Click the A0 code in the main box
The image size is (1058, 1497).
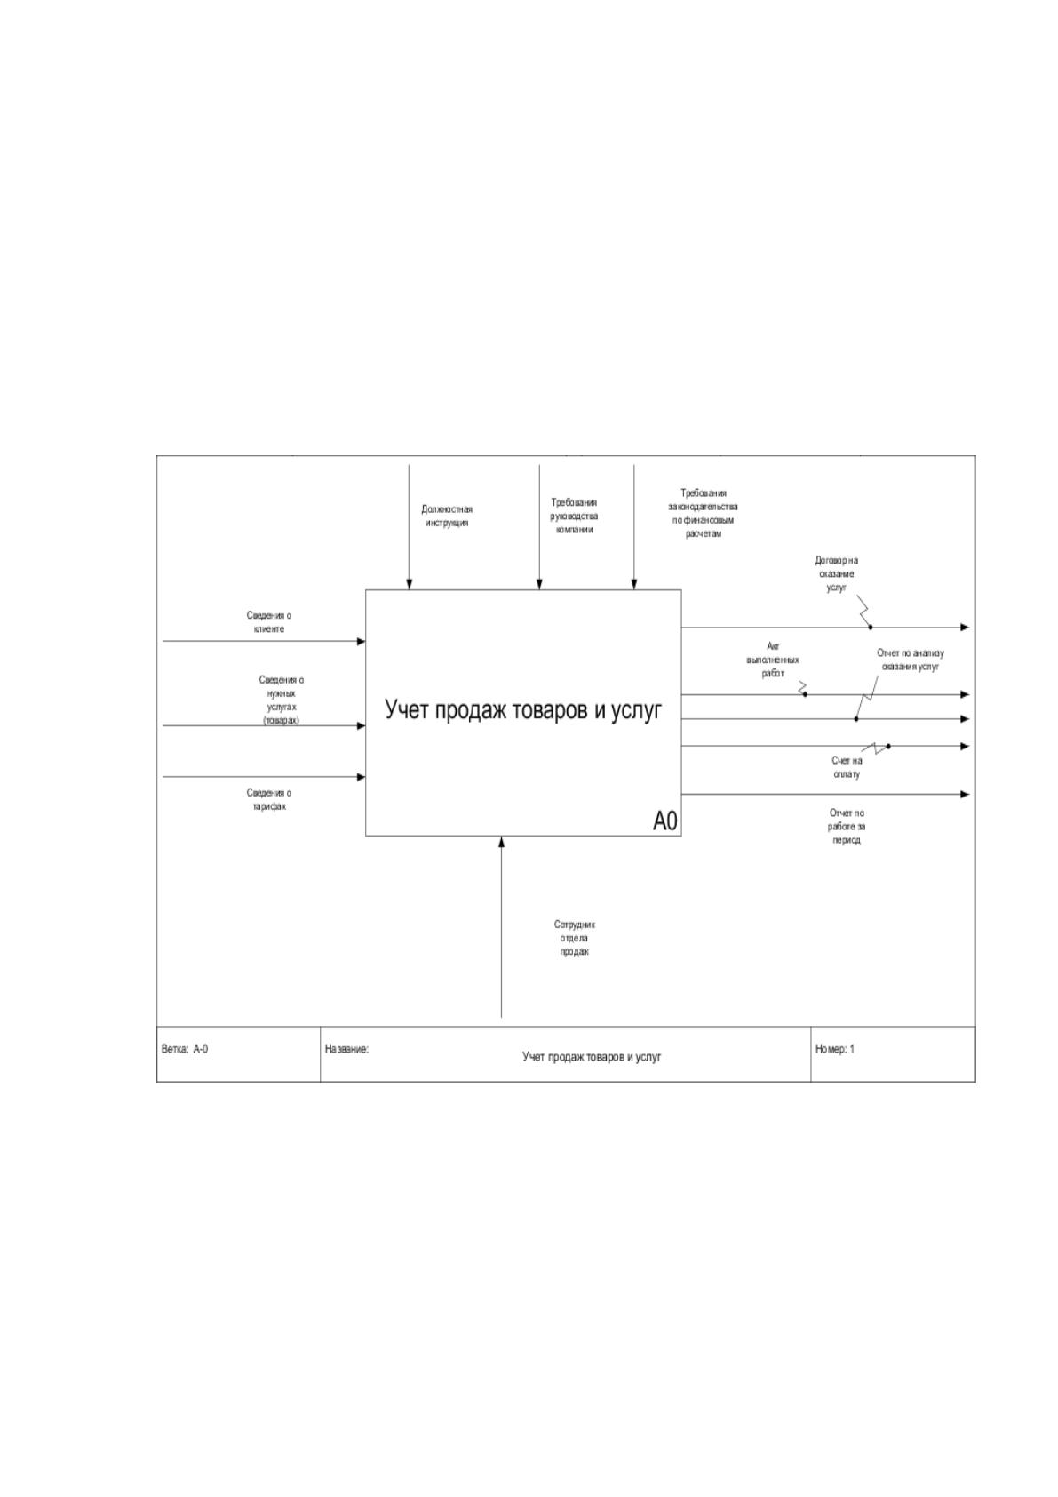click(x=664, y=821)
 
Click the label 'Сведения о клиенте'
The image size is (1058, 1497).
click(x=268, y=622)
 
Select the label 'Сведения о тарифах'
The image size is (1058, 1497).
click(x=268, y=799)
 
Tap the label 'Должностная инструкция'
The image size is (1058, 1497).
click(x=447, y=516)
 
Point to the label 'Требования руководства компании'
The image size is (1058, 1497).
click(x=574, y=516)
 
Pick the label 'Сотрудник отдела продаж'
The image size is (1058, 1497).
click(x=575, y=939)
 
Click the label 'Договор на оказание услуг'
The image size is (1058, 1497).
click(x=836, y=573)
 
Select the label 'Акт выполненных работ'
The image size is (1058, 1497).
click(x=773, y=660)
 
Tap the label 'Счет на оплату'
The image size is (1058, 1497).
click(x=847, y=767)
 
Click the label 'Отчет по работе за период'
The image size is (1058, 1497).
click(x=847, y=826)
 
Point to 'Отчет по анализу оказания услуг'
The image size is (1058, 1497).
click(x=911, y=660)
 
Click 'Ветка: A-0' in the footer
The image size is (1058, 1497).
click(x=185, y=1049)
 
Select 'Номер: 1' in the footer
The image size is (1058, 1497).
click(x=835, y=1049)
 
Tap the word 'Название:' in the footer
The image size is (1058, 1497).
click(x=346, y=1049)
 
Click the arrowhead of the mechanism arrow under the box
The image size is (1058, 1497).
click(x=502, y=841)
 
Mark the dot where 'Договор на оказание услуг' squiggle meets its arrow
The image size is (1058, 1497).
click(x=871, y=627)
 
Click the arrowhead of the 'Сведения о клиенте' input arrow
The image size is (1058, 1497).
click(x=362, y=642)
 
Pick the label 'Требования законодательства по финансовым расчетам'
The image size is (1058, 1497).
click(x=704, y=513)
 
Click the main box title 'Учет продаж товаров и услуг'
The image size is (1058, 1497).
click(x=523, y=709)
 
